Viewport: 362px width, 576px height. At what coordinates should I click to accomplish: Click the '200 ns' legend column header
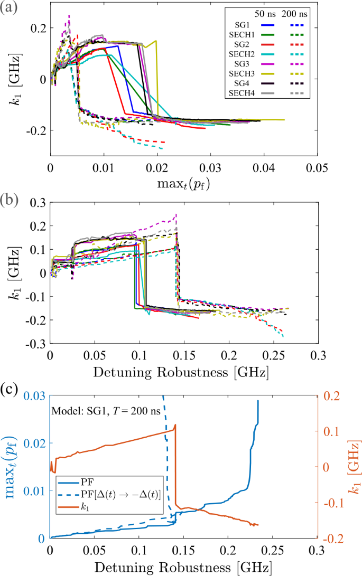[297, 14]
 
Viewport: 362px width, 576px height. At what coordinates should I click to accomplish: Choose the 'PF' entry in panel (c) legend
[87, 482]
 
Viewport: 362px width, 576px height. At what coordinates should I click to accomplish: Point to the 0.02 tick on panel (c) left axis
[35, 444]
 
